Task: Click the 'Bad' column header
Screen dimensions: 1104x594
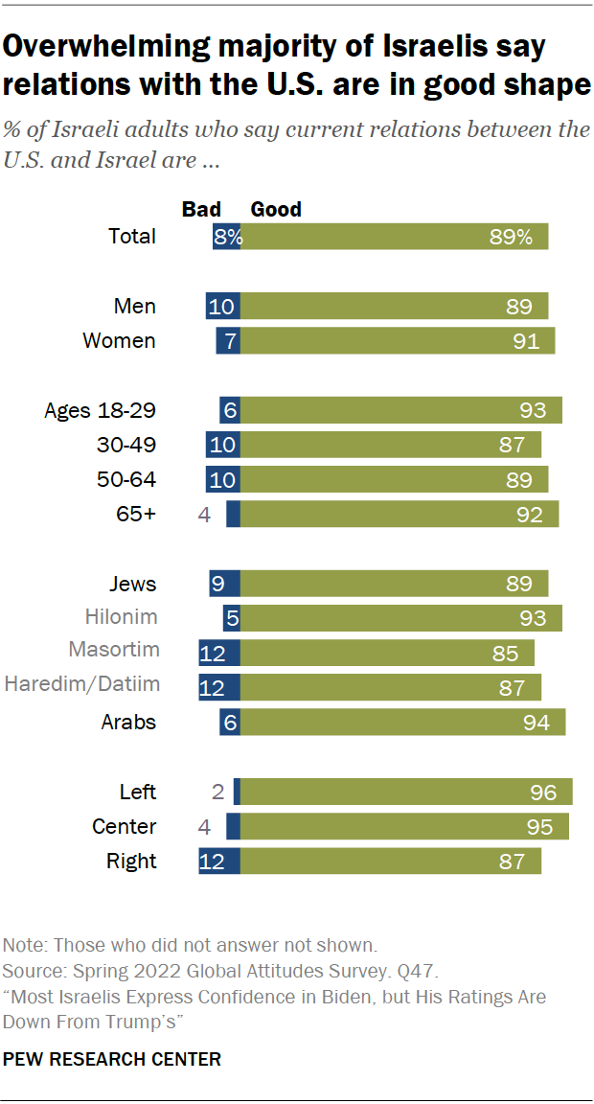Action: pyautogui.click(x=201, y=209)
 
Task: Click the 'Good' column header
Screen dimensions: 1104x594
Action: pyautogui.click(x=276, y=209)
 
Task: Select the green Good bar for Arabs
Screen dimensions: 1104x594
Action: pyautogui.click(x=402, y=723)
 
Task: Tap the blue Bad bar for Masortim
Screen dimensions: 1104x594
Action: pyautogui.click(x=219, y=654)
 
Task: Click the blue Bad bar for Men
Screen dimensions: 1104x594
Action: pyautogui.click(x=223, y=306)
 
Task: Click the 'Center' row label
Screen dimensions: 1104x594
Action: pyautogui.click(x=124, y=826)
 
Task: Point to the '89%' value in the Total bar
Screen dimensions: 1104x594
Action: pyautogui.click(x=510, y=238)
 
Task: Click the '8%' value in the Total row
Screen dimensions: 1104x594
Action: pyautogui.click(x=228, y=238)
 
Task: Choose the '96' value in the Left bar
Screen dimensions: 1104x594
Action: pyautogui.click(x=543, y=792)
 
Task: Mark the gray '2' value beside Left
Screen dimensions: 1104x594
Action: pyautogui.click(x=217, y=792)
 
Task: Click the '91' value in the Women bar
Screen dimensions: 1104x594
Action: pyautogui.click(x=526, y=340)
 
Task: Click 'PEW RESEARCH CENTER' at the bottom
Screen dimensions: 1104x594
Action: pyautogui.click(x=113, y=1059)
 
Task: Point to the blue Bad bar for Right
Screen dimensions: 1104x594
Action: pyautogui.click(x=219, y=861)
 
